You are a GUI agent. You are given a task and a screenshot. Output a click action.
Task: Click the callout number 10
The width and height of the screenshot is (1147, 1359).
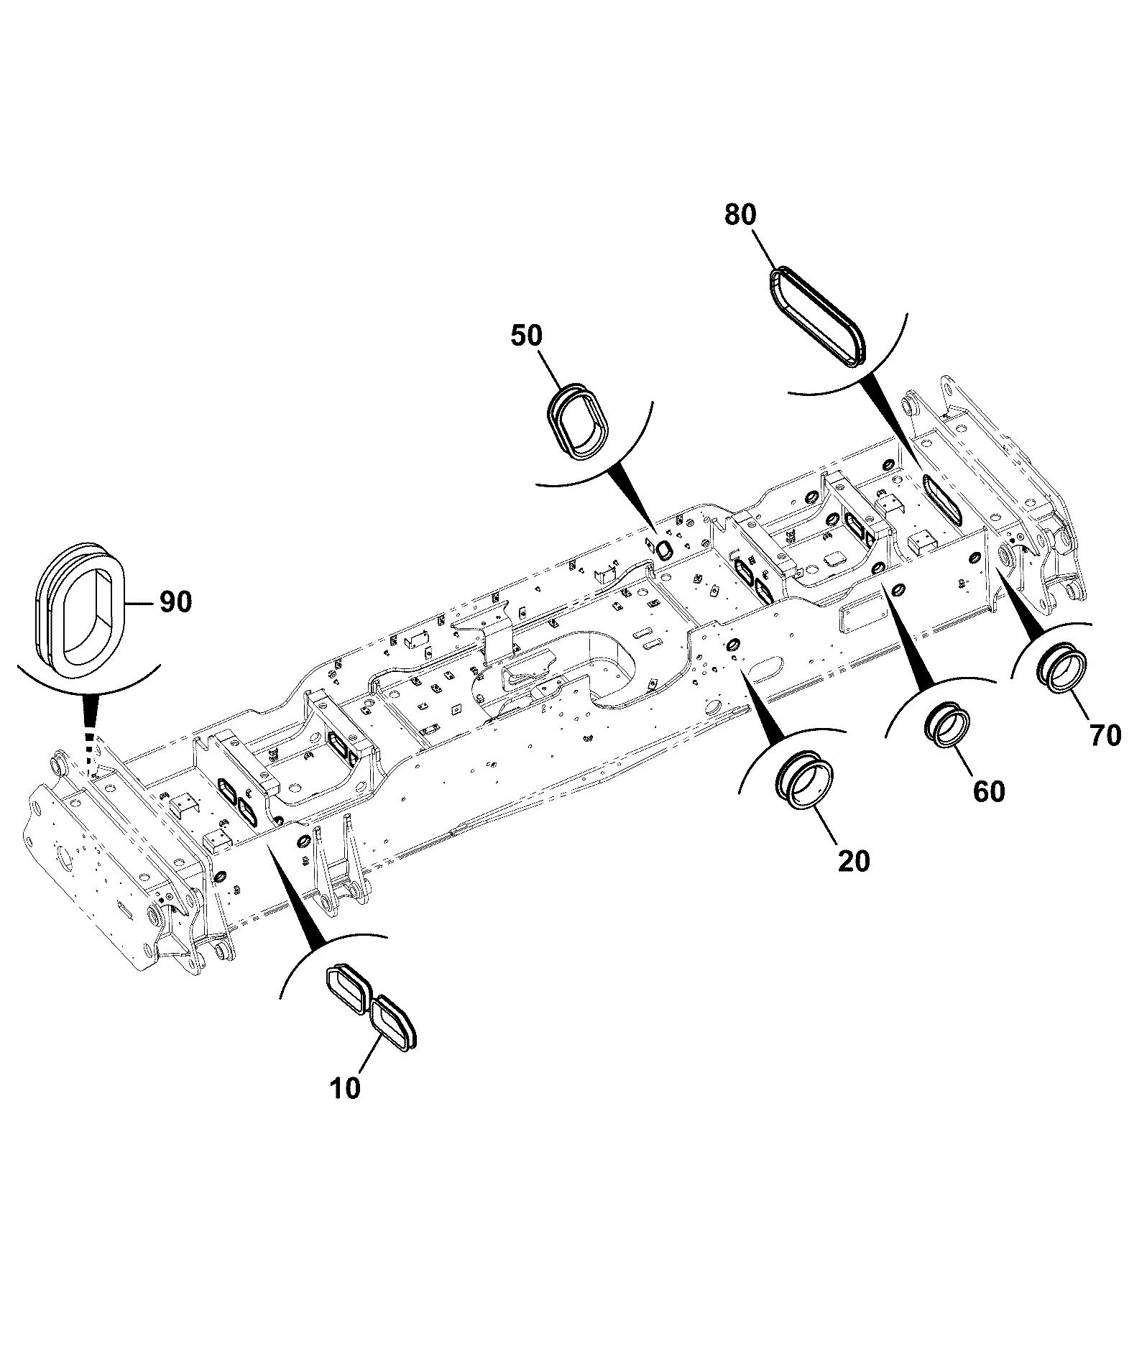point(346,1088)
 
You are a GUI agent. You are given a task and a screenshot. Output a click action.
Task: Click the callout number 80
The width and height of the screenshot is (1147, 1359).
point(741,215)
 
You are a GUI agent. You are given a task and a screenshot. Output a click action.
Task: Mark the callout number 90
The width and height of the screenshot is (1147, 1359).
point(175,602)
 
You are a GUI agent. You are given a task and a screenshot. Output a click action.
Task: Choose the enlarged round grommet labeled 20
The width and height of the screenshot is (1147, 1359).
point(809,783)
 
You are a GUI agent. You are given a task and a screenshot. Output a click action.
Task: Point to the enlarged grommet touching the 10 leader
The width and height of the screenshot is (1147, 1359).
point(395,1022)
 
